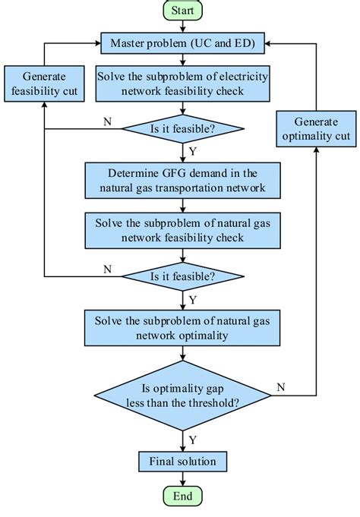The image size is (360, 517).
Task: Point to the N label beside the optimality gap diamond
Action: point(281,387)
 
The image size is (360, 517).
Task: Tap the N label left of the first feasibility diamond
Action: point(107,120)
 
